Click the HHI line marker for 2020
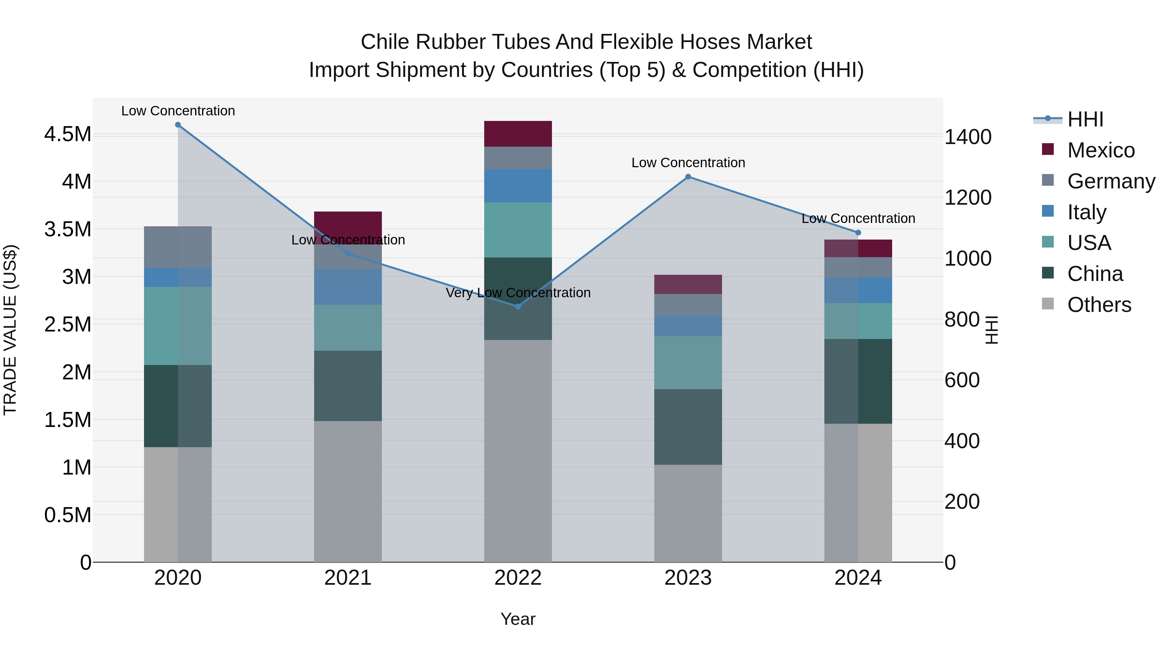click(178, 125)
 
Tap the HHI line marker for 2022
click(518, 307)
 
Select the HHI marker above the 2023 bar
click(688, 177)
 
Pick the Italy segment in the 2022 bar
click(518, 185)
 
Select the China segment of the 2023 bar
click(688, 427)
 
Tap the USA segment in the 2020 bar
click(178, 326)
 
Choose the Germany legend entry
click(1111, 181)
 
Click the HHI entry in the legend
click(1085, 119)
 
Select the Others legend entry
click(1099, 305)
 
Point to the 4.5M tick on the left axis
click(67, 134)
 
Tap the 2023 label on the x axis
click(688, 578)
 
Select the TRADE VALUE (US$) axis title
click(10, 330)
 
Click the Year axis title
click(518, 619)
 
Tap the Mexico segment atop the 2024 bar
click(858, 248)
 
